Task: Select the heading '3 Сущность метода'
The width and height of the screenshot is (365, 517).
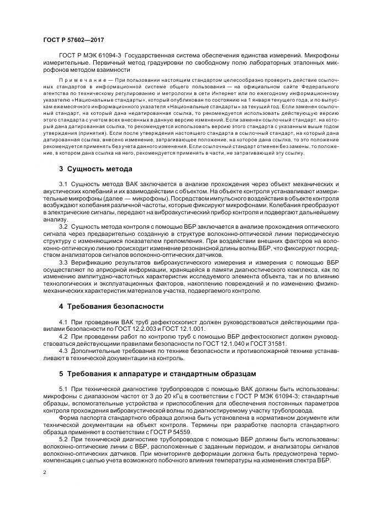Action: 96,168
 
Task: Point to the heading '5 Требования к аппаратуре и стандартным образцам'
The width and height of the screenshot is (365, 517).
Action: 157,373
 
